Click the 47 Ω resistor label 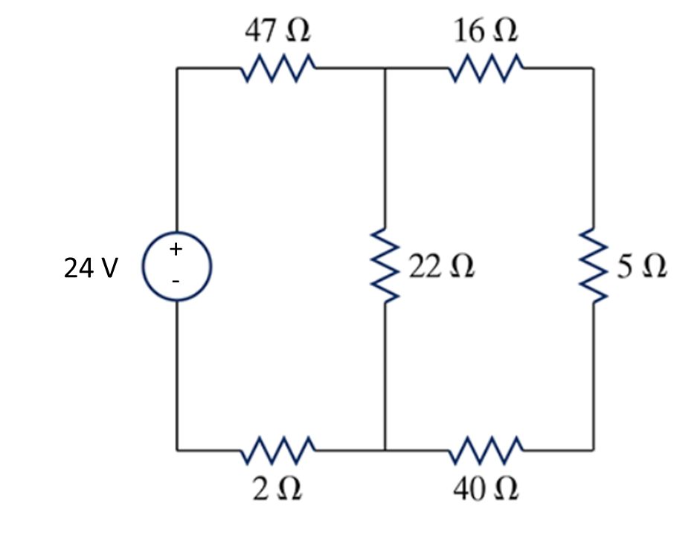pyautogui.click(x=277, y=31)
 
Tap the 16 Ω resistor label pyautogui.click(x=486, y=31)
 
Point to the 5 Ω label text pyautogui.click(x=641, y=267)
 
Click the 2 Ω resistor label pyautogui.click(x=277, y=488)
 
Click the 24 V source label pyautogui.click(x=90, y=268)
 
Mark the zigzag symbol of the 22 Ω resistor pyautogui.click(x=385, y=267)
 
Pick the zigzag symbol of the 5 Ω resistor pyautogui.click(x=594, y=267)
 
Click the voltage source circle pyautogui.click(x=177, y=265)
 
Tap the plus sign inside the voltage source pyautogui.click(x=176, y=250)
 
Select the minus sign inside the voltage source pyautogui.click(x=176, y=282)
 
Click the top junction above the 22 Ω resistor pyautogui.click(x=385, y=68)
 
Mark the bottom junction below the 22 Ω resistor pyautogui.click(x=385, y=450)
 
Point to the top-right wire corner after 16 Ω pyautogui.click(x=593, y=68)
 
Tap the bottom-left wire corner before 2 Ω pyautogui.click(x=177, y=450)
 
